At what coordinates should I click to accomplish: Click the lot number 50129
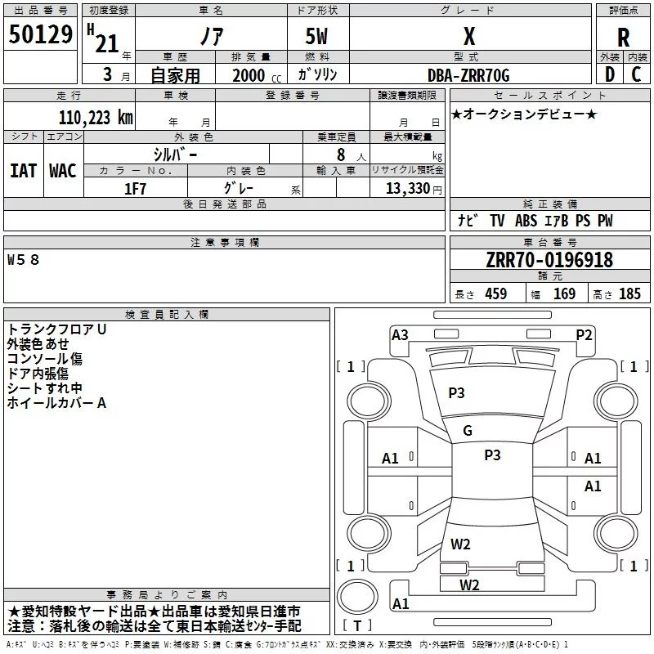(x=40, y=34)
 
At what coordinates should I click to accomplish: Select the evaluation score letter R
(x=623, y=38)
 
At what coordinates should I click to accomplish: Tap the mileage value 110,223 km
(x=96, y=118)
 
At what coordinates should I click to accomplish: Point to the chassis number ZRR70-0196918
(x=549, y=260)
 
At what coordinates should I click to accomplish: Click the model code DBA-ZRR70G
(x=468, y=75)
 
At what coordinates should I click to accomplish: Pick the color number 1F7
(x=135, y=189)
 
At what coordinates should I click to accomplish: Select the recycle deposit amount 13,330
(x=407, y=189)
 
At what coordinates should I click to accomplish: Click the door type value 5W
(x=316, y=36)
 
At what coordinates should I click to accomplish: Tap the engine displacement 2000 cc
(x=257, y=76)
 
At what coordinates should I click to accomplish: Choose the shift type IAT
(x=24, y=171)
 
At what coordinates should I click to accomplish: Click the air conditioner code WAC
(x=63, y=171)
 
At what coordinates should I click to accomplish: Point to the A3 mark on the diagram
(x=400, y=335)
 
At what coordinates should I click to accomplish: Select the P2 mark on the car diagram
(x=584, y=335)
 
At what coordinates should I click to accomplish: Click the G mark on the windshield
(x=468, y=431)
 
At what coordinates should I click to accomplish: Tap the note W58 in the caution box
(x=23, y=260)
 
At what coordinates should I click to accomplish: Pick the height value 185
(x=629, y=294)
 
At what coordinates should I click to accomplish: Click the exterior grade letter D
(x=610, y=74)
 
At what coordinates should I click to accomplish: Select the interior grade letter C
(x=637, y=74)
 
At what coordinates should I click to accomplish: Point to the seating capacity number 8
(x=341, y=155)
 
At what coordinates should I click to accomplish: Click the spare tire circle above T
(x=357, y=597)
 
